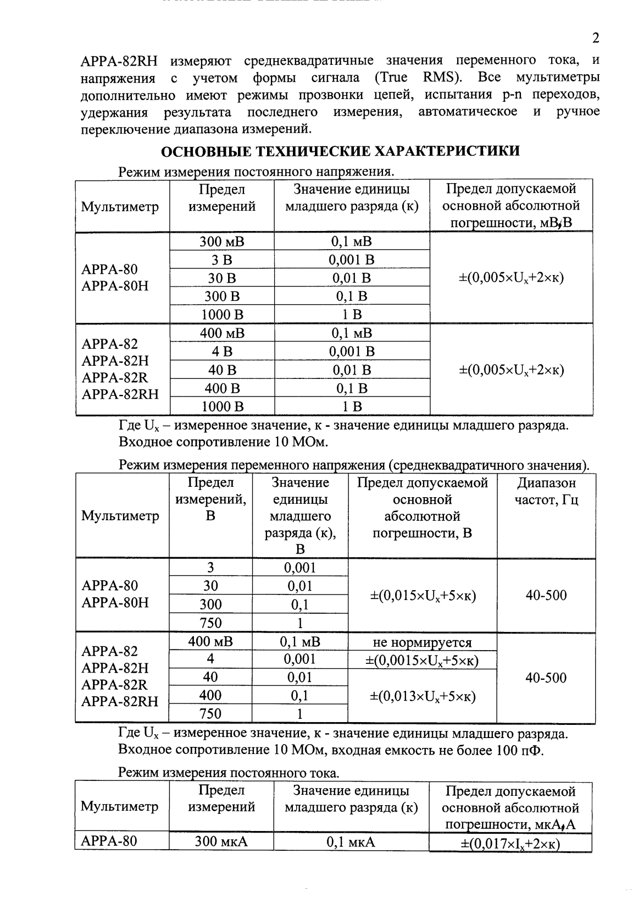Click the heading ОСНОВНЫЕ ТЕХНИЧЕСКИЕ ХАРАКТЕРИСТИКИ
click(340, 151)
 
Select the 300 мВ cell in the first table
click(221, 241)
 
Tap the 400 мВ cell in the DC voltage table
click(221, 333)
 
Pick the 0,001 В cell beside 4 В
click(352, 351)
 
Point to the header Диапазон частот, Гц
click(546, 492)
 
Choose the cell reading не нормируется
click(422, 642)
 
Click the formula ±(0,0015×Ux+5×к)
click(422, 661)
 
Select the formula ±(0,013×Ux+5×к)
click(422, 696)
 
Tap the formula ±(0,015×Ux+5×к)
click(422, 596)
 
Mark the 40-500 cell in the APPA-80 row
click(546, 596)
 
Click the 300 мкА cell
click(221, 841)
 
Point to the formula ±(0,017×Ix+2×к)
click(510, 844)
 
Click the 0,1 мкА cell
click(351, 841)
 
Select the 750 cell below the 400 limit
click(210, 714)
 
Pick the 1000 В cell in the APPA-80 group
click(221, 315)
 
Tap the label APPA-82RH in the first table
click(120, 394)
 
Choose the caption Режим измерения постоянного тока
click(229, 773)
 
